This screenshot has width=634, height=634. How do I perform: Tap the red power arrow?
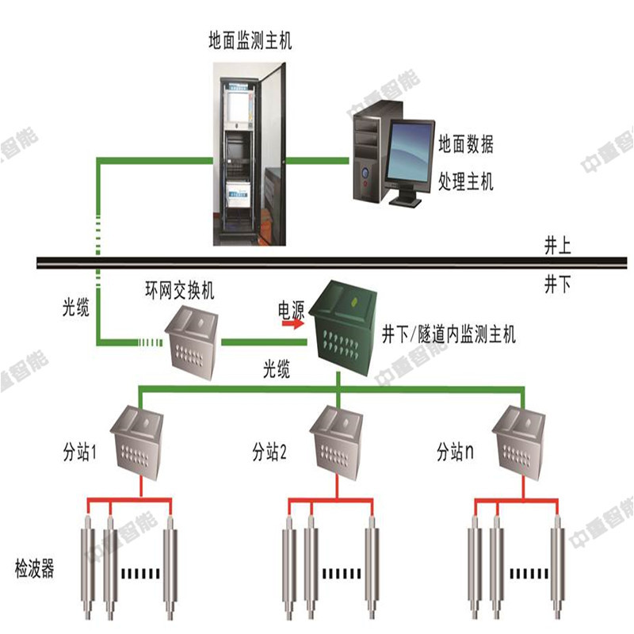pos(292,323)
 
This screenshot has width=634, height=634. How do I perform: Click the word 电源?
pos(291,307)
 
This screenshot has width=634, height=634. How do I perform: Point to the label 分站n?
pos(455,453)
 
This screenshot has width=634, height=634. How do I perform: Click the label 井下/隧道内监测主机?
pos(449,334)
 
